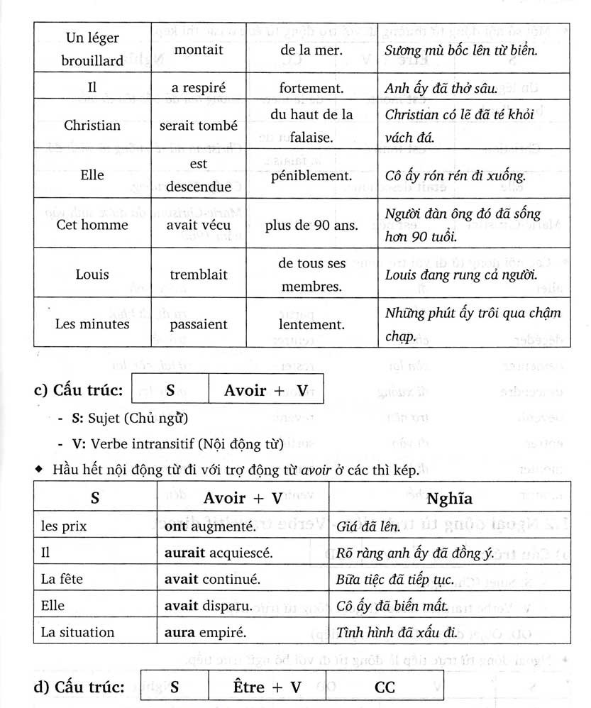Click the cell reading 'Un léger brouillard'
pos(92,49)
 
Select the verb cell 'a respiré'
pos(198,89)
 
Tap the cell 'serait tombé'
pos(198,126)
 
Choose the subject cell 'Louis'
pos(92,275)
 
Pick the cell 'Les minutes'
pos(92,324)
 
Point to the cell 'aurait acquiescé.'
pos(217,553)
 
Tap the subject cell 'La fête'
pos(62,580)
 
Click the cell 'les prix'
pos(60,526)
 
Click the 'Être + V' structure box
pos(267,687)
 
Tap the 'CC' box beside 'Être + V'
pos(385,687)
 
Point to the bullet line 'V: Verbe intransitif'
pos(177,444)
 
